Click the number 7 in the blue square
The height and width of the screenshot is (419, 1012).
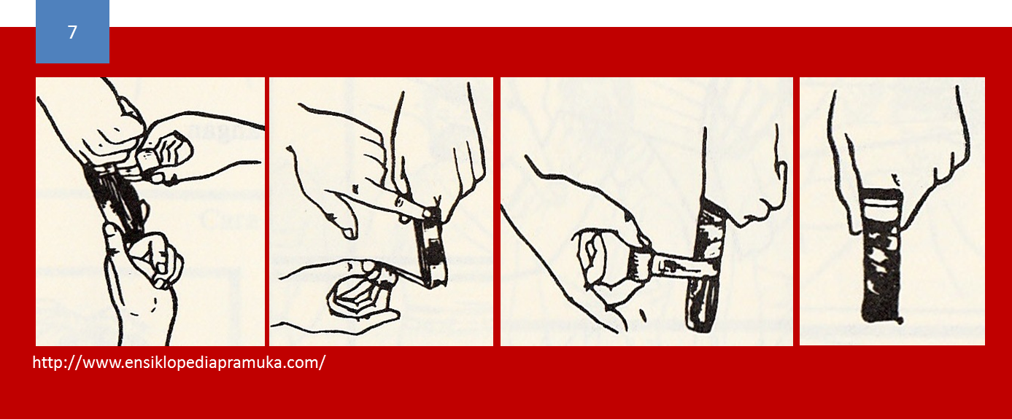(72, 33)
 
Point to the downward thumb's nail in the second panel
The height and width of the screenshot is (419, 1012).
(349, 232)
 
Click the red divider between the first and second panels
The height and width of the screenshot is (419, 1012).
(267, 211)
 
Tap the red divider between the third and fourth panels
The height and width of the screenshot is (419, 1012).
(796, 211)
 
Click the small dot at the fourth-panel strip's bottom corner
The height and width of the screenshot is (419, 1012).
(900, 320)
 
